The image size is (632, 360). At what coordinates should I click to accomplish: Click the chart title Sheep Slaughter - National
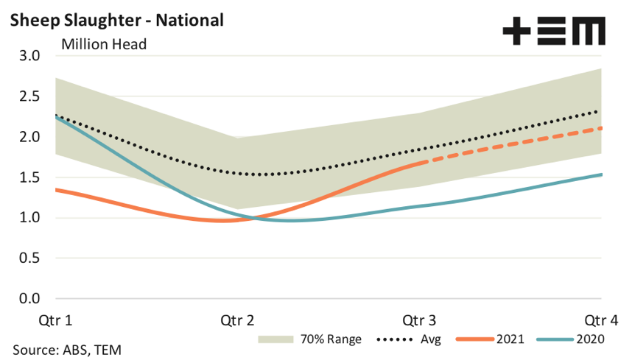click(116, 20)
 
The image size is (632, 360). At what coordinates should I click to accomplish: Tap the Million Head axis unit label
click(104, 44)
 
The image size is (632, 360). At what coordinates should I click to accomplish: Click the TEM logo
click(553, 32)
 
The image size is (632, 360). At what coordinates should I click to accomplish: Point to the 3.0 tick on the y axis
click(29, 57)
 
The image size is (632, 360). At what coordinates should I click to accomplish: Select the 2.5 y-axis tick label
click(29, 96)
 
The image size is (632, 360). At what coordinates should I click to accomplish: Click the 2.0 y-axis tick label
click(29, 137)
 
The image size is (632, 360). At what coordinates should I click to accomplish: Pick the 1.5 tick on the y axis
click(29, 177)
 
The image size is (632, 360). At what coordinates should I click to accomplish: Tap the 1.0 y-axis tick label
click(29, 218)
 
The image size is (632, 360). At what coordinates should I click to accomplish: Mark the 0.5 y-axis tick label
click(29, 258)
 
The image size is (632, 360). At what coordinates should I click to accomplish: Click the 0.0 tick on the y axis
click(29, 299)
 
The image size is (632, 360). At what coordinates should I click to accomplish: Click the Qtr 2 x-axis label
click(237, 321)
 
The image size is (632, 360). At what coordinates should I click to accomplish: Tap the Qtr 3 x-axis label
click(419, 321)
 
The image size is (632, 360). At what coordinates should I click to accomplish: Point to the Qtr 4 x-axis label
click(601, 321)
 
